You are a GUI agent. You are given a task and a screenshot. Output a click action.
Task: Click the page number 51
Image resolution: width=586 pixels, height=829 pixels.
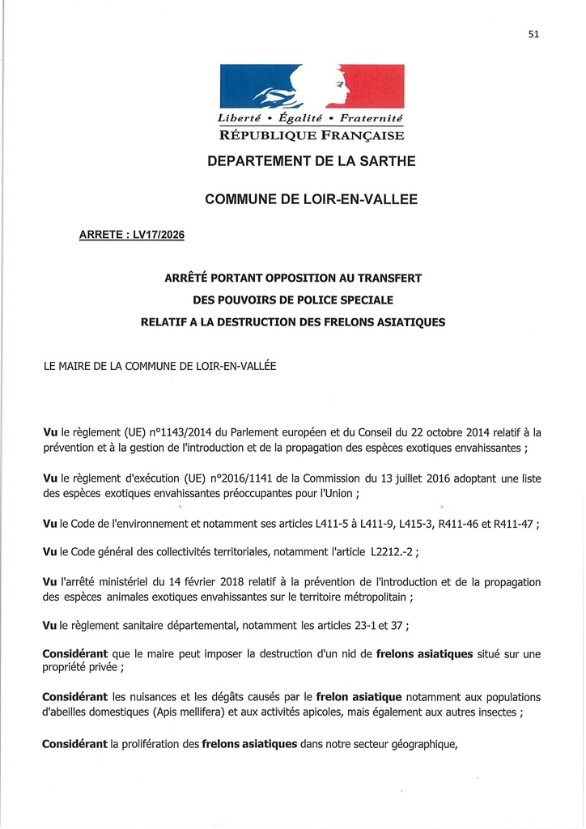533,34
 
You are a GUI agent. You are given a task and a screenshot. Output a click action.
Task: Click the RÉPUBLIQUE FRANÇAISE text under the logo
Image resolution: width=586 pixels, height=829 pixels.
312,135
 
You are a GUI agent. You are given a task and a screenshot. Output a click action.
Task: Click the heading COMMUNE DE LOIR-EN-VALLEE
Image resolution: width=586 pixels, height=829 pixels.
312,198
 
